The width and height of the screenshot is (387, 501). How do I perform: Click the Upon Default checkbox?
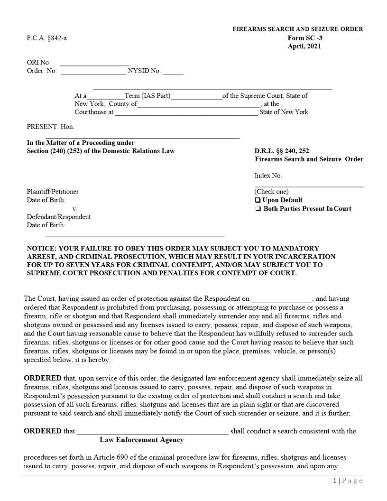pos(258,200)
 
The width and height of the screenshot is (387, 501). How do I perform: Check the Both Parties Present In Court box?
pos(258,209)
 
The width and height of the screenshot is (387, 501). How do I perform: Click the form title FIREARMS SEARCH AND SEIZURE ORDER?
pos(297,29)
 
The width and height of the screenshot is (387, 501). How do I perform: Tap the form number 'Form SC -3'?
pos(305,38)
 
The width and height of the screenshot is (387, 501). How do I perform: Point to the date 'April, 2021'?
pos(304,46)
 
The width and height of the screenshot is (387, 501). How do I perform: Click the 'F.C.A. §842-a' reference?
pos(47,38)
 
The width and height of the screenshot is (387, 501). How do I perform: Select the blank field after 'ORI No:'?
pos(94,63)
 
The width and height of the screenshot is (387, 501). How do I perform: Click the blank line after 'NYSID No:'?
pos(173,72)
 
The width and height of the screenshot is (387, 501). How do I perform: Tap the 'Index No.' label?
pos(268,176)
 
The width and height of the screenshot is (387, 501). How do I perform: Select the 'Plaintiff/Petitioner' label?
pos(53,192)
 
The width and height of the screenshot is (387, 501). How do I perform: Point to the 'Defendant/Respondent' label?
pos(58,217)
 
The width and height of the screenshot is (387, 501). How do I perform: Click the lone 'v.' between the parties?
pos(75,209)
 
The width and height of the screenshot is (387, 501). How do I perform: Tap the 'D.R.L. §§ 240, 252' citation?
pos(282,151)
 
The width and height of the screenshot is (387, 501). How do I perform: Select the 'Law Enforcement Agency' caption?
pos(141,440)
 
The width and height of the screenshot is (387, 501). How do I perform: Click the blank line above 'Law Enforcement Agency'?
pos(152,432)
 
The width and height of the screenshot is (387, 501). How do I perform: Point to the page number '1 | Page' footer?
pos(348,481)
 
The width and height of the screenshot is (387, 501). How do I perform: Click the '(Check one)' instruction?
pos(271,192)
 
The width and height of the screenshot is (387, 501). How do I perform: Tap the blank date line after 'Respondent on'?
pos(281,299)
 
